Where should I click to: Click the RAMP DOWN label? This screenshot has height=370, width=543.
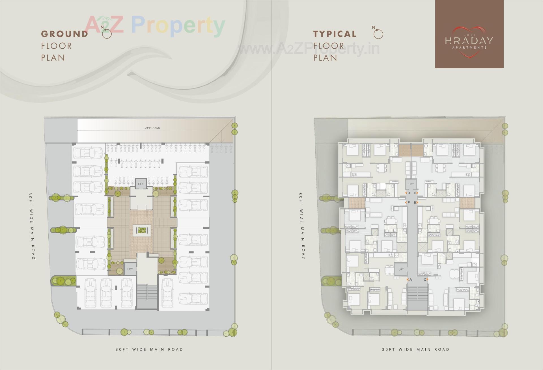tap(152, 128)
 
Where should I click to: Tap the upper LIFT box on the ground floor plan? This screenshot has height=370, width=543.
tap(141, 184)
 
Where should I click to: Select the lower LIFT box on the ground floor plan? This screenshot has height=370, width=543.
tap(130, 269)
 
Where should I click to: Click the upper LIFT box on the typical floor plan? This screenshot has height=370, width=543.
tap(411, 184)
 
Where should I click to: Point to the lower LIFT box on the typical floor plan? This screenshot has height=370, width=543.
tap(401, 269)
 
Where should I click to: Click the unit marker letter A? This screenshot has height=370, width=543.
tap(411, 280)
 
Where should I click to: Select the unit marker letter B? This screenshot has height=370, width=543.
tap(415, 202)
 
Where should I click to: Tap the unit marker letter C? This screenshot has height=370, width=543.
tap(425, 280)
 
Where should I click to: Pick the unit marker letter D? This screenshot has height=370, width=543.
tap(409, 193)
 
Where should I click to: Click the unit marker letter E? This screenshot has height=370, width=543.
tap(415, 193)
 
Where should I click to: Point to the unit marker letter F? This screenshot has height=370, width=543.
tap(409, 202)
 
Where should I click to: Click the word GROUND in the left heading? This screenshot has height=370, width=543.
tap(65, 34)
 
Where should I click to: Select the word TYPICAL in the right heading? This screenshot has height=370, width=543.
tap(335, 34)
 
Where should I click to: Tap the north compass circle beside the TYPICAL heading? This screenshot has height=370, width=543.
tap(378, 34)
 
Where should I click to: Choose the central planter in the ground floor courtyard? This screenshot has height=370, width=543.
tap(142, 231)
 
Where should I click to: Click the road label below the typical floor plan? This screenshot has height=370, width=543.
tap(416, 349)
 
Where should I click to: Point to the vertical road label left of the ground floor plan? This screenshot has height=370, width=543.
tap(31, 226)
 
